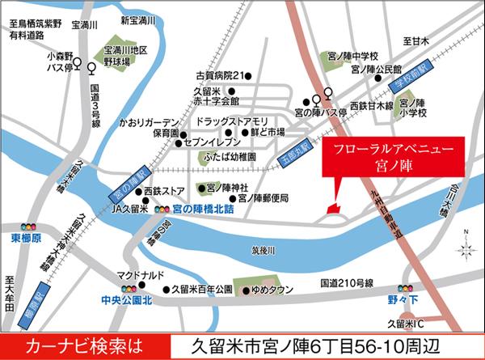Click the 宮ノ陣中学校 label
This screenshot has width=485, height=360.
pyautogui.click(x=353, y=55)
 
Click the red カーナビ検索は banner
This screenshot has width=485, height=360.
pyautogui.click(x=78, y=345)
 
